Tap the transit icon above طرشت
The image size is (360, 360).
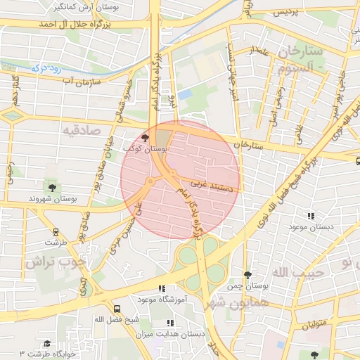[56, 231]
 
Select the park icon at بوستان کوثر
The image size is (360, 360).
[145, 138]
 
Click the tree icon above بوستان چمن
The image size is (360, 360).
[247, 275]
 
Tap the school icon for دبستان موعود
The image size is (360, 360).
[309, 216]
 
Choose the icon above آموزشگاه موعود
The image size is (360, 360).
[162, 288]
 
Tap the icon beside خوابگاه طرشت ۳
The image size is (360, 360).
[46, 344]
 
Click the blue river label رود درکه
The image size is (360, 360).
[48, 70]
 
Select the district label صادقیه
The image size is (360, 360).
[82, 131]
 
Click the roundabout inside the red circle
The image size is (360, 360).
[150, 182]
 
